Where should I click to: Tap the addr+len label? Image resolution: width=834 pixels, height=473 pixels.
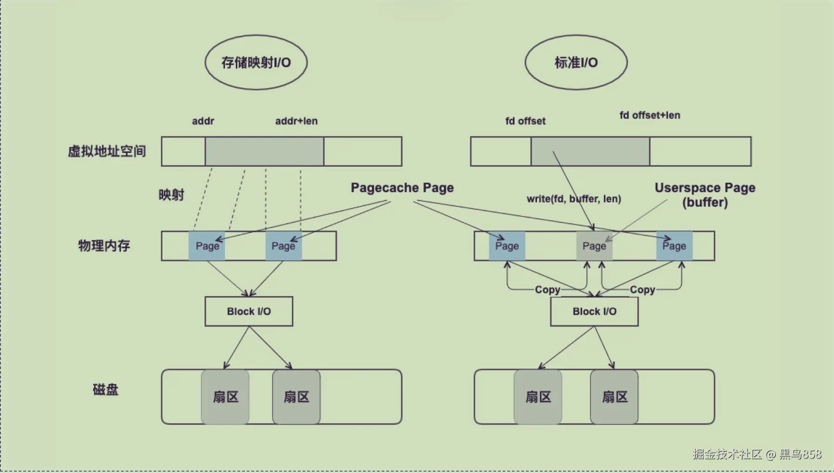(x=296, y=121)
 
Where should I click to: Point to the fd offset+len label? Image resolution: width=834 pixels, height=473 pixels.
(x=650, y=115)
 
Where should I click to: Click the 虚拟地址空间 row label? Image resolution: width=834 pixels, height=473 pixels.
(x=107, y=151)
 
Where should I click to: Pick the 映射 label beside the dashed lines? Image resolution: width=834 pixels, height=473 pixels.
(x=171, y=195)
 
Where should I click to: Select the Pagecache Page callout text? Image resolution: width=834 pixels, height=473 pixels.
(x=402, y=188)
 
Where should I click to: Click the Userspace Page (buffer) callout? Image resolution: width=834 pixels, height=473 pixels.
(x=705, y=195)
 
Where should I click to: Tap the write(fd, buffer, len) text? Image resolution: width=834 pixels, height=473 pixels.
(x=574, y=199)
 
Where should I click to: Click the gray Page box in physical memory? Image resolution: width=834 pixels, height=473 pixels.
(x=594, y=246)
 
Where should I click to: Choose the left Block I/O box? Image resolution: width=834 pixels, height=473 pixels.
(x=249, y=311)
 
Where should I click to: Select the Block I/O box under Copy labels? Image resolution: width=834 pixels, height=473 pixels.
(x=594, y=311)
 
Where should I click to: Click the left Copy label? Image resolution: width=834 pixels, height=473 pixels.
(x=547, y=289)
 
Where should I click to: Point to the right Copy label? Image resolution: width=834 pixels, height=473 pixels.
(x=643, y=289)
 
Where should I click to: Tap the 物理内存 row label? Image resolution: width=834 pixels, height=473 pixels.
(x=104, y=245)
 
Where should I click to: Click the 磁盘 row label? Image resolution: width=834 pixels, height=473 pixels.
(x=105, y=389)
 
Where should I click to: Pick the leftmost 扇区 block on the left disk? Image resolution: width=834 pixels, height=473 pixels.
(x=225, y=397)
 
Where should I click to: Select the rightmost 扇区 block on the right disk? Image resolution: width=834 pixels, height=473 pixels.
(x=614, y=397)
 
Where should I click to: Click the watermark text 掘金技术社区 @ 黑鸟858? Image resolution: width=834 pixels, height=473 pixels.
(x=757, y=454)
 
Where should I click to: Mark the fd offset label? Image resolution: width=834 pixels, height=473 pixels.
(x=525, y=121)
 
